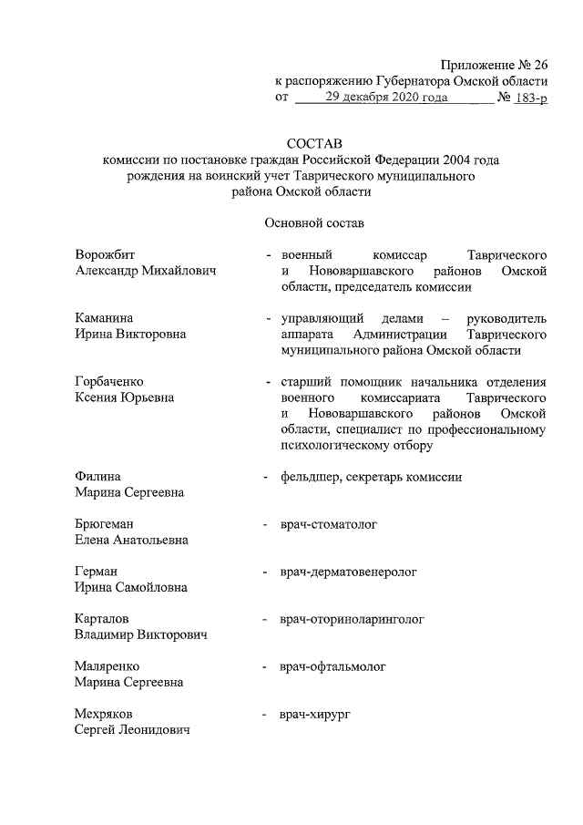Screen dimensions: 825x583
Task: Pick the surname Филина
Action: click(x=98, y=476)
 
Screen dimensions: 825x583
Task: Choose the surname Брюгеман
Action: click(x=108, y=524)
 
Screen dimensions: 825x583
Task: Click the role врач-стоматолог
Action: click(x=329, y=524)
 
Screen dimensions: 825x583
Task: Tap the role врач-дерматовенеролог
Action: click(x=348, y=572)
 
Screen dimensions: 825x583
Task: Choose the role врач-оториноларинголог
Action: click(x=353, y=619)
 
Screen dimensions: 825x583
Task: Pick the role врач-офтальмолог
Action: click(x=333, y=666)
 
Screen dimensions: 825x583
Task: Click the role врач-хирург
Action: click(x=316, y=714)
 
